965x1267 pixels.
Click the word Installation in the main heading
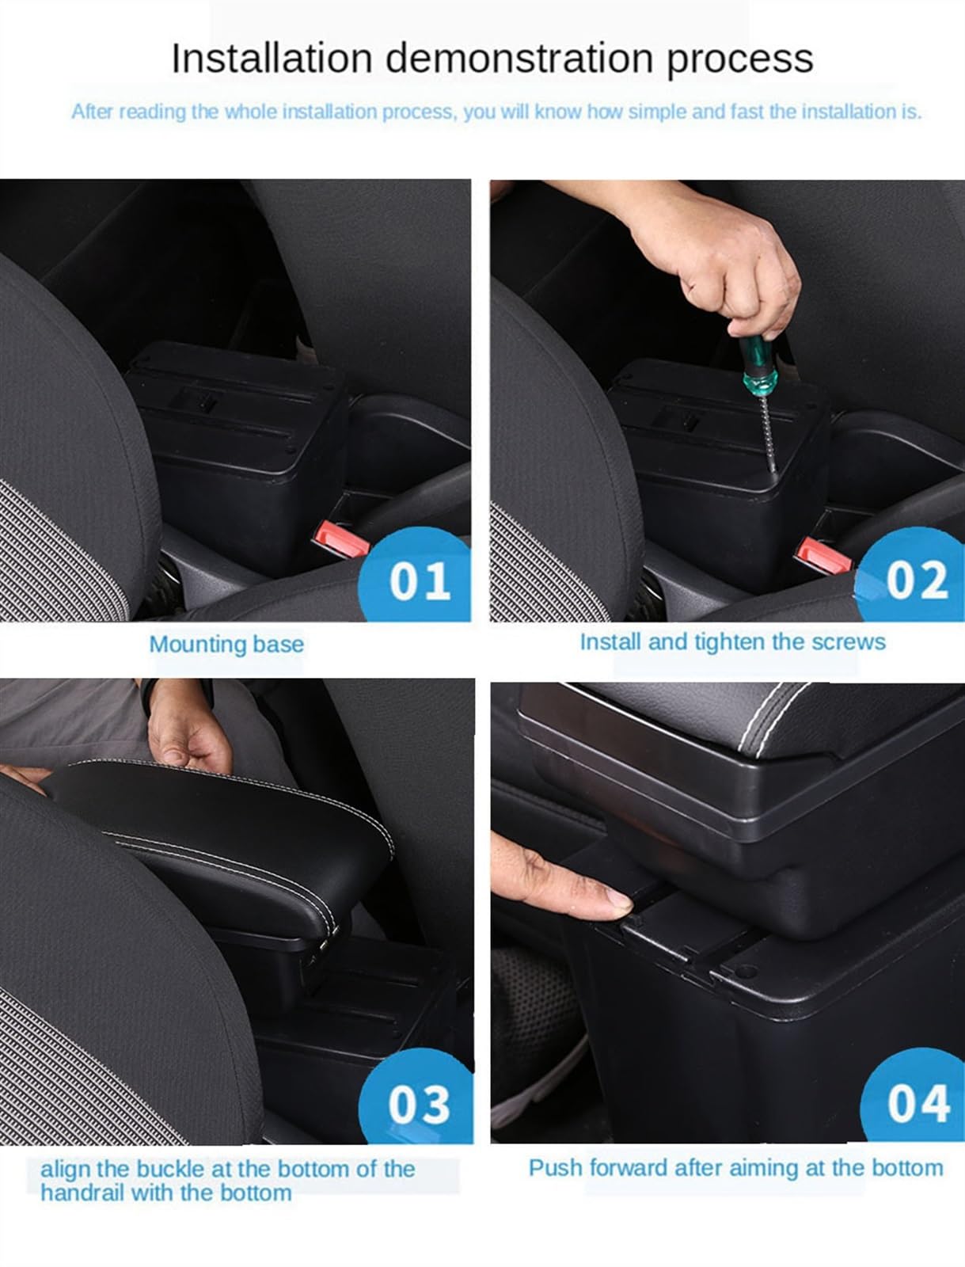[x=272, y=58]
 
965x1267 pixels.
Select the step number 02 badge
[x=916, y=580]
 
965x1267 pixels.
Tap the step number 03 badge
[x=418, y=1103]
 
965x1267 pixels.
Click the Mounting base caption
[x=226, y=644]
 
